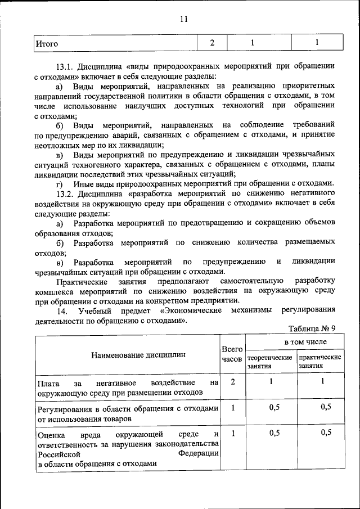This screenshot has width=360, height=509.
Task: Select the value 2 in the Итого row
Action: point(212,43)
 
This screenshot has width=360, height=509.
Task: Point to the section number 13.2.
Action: point(67,193)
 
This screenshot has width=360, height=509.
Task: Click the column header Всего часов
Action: point(232,354)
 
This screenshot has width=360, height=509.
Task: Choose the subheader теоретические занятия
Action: point(269,361)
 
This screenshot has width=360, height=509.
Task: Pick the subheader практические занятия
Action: point(319,361)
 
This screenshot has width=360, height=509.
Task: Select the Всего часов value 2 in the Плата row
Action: point(232,382)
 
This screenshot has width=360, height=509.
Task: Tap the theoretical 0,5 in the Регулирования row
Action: point(274,408)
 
